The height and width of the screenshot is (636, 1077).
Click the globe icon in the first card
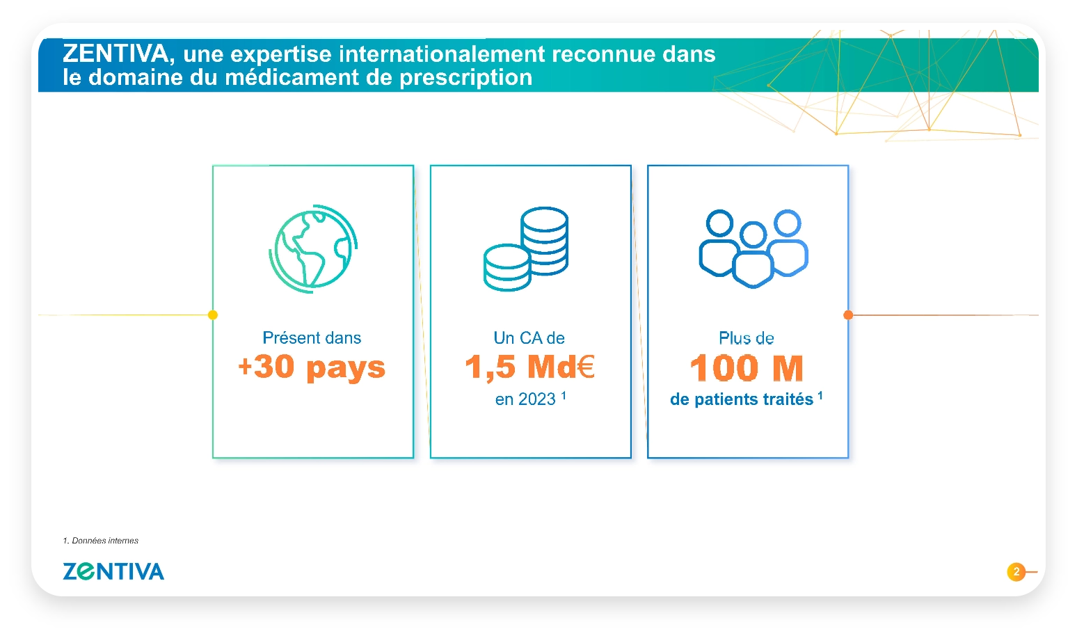coord(313,248)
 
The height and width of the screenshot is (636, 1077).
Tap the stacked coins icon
coord(526,249)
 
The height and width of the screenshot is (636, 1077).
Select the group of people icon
coord(753,248)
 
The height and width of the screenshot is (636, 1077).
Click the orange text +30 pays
coord(312,368)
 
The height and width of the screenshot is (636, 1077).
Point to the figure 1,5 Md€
coord(530,367)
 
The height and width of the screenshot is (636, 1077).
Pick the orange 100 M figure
coord(747,368)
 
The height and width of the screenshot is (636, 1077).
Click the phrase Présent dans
coord(312,337)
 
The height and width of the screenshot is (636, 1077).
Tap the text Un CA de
coord(529,337)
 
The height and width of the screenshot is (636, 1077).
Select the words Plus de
coord(747,338)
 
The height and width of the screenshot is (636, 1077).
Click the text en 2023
coord(525,399)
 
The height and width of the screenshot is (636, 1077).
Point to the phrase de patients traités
coord(742,399)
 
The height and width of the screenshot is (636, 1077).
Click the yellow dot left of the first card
coord(212,315)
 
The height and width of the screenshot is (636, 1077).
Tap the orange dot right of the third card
coord(848,315)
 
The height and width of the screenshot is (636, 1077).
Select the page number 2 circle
coord(1016,571)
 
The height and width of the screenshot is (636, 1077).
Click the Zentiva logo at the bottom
coord(113,571)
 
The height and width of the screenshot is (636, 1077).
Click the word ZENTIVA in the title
coord(115,54)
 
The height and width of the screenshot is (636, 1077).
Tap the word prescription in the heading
coord(466,77)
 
